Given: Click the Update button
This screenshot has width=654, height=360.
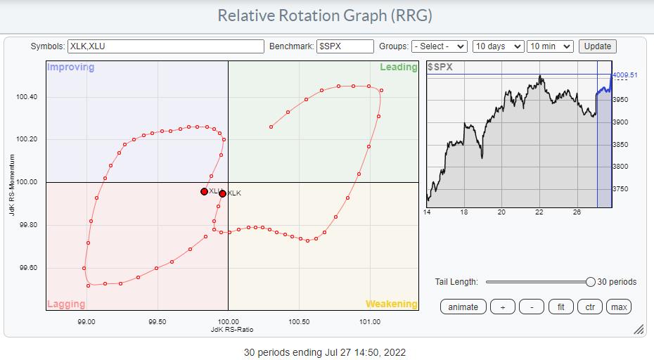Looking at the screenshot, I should [x=597, y=46].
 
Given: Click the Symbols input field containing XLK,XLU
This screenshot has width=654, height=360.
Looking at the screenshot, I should [x=165, y=46].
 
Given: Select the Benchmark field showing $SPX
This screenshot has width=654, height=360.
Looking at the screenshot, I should [x=345, y=46].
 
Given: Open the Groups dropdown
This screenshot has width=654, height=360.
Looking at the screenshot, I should [x=439, y=46].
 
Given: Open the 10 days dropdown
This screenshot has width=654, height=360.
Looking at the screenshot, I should [x=498, y=46].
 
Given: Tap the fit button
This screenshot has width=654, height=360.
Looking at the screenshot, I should [x=560, y=307].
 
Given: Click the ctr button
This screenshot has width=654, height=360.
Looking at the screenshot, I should [x=590, y=307].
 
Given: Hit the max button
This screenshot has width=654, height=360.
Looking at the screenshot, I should [x=619, y=307].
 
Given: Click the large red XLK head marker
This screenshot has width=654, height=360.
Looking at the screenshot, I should [x=222, y=193].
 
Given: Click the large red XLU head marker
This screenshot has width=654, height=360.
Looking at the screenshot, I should [x=204, y=191].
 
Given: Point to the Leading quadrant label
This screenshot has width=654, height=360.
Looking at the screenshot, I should [x=399, y=67].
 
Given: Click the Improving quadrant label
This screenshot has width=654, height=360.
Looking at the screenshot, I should [x=70, y=67].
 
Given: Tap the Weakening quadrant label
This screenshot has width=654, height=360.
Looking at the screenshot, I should [x=391, y=304].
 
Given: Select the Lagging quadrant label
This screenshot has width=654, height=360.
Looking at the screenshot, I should [x=66, y=304].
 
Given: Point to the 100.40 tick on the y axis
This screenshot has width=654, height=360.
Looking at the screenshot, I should [x=27, y=96].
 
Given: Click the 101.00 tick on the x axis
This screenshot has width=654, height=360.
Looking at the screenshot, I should [x=370, y=323].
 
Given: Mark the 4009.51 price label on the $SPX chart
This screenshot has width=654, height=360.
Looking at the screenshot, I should [x=624, y=75].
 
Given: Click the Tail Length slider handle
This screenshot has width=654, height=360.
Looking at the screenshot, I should [x=591, y=282].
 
